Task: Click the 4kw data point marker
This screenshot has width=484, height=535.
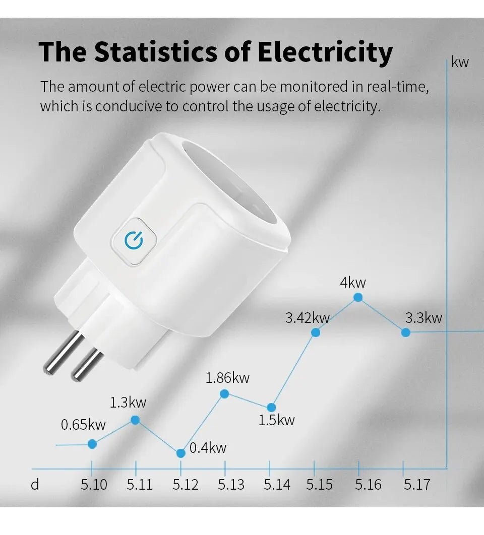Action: click(x=358, y=297)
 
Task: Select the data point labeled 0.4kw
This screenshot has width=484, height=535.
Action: click(x=181, y=453)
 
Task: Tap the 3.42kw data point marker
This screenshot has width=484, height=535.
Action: click(x=316, y=332)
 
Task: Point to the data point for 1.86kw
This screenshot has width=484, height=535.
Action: click(x=225, y=393)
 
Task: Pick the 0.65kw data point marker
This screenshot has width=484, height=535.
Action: click(x=92, y=444)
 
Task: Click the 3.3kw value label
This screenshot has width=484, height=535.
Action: click(x=423, y=318)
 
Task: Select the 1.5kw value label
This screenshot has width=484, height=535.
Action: click(x=276, y=420)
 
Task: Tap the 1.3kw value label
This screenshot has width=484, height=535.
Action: click(x=128, y=403)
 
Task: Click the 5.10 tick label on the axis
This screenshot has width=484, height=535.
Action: click(x=94, y=485)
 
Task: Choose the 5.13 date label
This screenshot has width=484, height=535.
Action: click(x=231, y=485)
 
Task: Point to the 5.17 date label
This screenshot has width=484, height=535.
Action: click(x=417, y=485)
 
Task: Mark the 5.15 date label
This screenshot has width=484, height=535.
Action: click(x=319, y=485)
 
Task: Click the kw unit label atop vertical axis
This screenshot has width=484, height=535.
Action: click(x=460, y=62)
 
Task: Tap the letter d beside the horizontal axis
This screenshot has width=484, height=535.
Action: click(x=35, y=485)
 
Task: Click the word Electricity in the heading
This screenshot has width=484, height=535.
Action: click(x=325, y=52)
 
